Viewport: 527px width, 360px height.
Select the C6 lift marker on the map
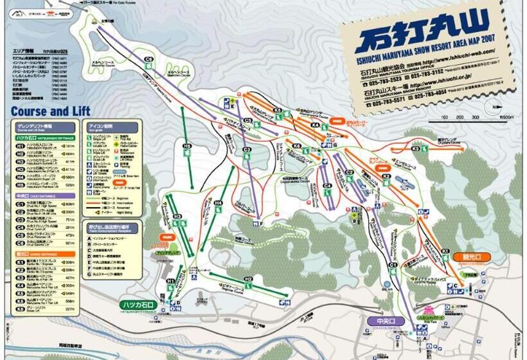(x=148, y=59)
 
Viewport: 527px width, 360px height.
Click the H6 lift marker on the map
(x=187, y=147)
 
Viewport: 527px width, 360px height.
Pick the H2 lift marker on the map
(x=248, y=278)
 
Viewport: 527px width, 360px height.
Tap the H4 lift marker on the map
(x=218, y=203)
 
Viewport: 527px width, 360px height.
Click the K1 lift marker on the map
(x=445, y=251)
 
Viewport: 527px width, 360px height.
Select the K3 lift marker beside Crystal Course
(x=415, y=148)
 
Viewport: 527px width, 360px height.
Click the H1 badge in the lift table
(x=20, y=146)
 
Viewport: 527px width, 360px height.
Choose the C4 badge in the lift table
(x=20, y=226)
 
